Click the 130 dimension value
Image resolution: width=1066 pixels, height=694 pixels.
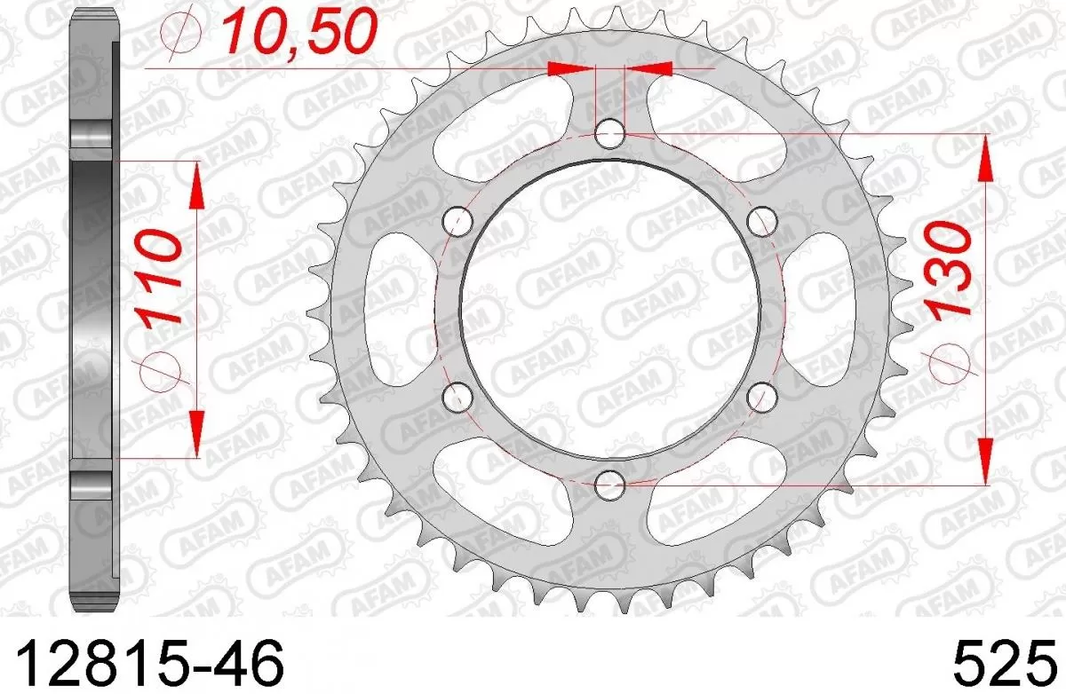(947, 272)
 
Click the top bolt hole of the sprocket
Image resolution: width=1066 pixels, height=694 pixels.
(609, 135)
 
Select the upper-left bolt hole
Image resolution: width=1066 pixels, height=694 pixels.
(457, 220)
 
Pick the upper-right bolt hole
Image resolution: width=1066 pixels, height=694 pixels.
(762, 220)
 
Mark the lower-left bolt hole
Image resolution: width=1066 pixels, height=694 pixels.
(457, 397)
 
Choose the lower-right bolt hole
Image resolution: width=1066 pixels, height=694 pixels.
(762, 397)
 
